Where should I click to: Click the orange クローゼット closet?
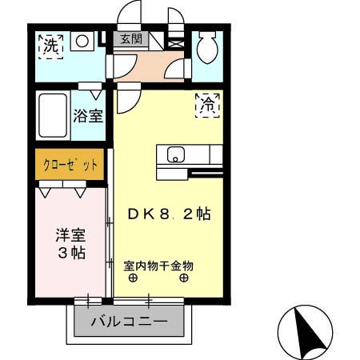pyautogui.click(x=70, y=166)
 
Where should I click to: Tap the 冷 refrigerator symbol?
pyautogui.click(x=208, y=104)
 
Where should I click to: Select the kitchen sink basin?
pyautogui.click(x=175, y=154)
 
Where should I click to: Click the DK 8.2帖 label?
pyautogui.click(x=170, y=214)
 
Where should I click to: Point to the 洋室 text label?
pyautogui.click(x=69, y=236)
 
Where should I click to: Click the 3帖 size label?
pyautogui.click(x=69, y=254)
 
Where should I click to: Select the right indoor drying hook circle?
pyautogui.click(x=184, y=278)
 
